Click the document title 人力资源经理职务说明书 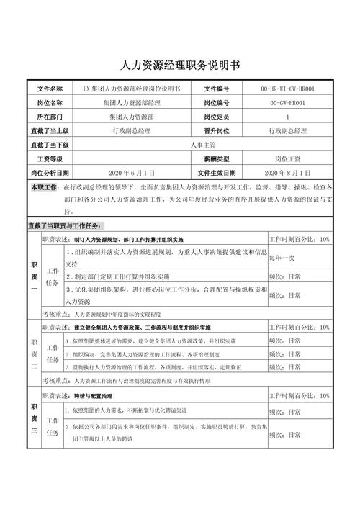point(180,65)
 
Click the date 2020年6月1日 point(132,173)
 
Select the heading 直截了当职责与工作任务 point(65,225)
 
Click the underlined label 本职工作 point(44,187)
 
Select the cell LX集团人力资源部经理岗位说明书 point(132,89)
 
